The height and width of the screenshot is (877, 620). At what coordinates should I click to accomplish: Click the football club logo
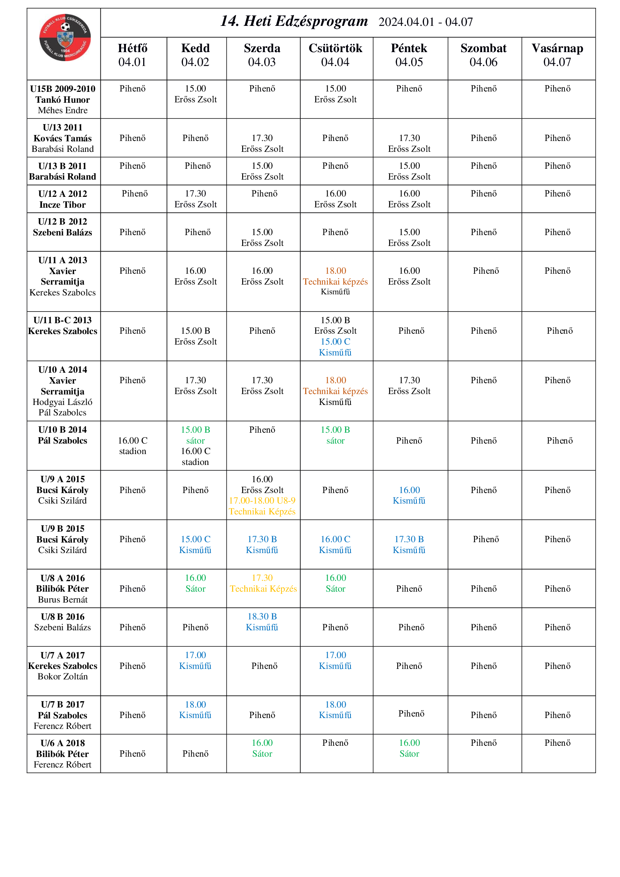tap(65, 37)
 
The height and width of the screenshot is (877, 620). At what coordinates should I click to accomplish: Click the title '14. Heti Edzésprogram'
tap(294, 21)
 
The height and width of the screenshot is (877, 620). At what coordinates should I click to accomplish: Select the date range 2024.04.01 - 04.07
tap(425, 22)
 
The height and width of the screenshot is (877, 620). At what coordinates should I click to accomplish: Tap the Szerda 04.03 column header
tap(262, 55)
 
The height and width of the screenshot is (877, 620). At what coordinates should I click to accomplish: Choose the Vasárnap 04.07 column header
tap(557, 55)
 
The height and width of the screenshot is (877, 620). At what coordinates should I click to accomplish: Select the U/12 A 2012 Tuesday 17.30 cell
tap(195, 199)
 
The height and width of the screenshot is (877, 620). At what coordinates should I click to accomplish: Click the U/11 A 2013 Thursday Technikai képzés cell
tap(335, 282)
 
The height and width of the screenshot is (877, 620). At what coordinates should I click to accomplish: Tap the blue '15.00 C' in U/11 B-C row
tap(335, 342)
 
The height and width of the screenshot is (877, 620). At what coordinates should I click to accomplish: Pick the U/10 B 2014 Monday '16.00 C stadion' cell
tap(132, 446)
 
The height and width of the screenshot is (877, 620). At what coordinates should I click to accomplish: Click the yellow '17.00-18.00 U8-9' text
tap(262, 501)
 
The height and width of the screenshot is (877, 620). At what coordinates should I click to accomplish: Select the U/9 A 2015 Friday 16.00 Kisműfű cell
tap(409, 495)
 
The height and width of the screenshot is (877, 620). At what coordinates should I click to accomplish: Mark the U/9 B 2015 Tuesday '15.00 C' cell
tap(195, 544)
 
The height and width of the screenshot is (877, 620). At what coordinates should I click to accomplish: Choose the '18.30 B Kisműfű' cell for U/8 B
tap(262, 621)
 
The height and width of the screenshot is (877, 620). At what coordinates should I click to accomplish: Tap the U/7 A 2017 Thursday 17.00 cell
tap(335, 660)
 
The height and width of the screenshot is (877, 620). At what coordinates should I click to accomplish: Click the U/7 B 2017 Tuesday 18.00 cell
tap(195, 709)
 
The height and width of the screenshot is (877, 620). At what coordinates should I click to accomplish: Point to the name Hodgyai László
tap(63, 402)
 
